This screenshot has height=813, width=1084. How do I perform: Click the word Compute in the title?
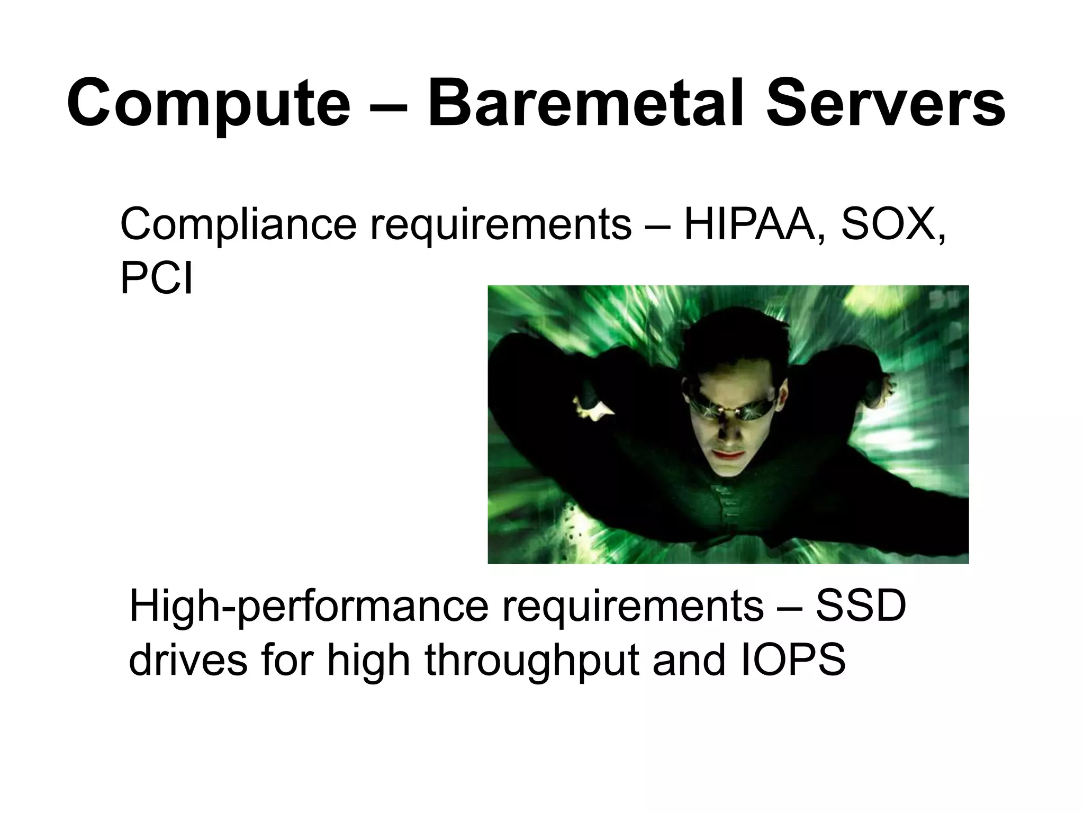click(209, 103)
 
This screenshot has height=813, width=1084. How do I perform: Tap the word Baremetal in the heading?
click(588, 103)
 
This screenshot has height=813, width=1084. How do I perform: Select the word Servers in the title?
click(885, 103)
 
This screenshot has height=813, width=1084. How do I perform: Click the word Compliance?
click(238, 225)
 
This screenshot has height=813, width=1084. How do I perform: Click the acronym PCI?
click(156, 278)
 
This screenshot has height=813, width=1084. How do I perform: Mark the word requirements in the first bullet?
click(500, 225)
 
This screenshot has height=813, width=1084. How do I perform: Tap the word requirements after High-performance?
click(633, 608)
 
